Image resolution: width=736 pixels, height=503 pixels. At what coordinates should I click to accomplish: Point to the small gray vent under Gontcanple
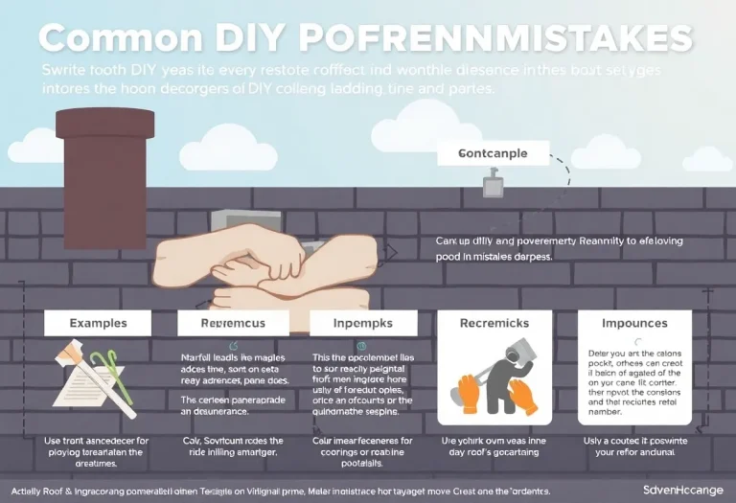tap(494, 183)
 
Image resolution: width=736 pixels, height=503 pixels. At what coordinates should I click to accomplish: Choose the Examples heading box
tap(98, 323)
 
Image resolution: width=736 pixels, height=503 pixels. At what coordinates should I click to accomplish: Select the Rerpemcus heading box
tap(234, 323)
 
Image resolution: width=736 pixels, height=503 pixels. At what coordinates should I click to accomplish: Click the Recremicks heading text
tap(494, 324)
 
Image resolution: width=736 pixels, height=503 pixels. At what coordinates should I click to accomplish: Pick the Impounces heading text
tap(634, 324)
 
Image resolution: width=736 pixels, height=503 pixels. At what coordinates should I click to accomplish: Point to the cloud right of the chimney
tap(227, 151)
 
